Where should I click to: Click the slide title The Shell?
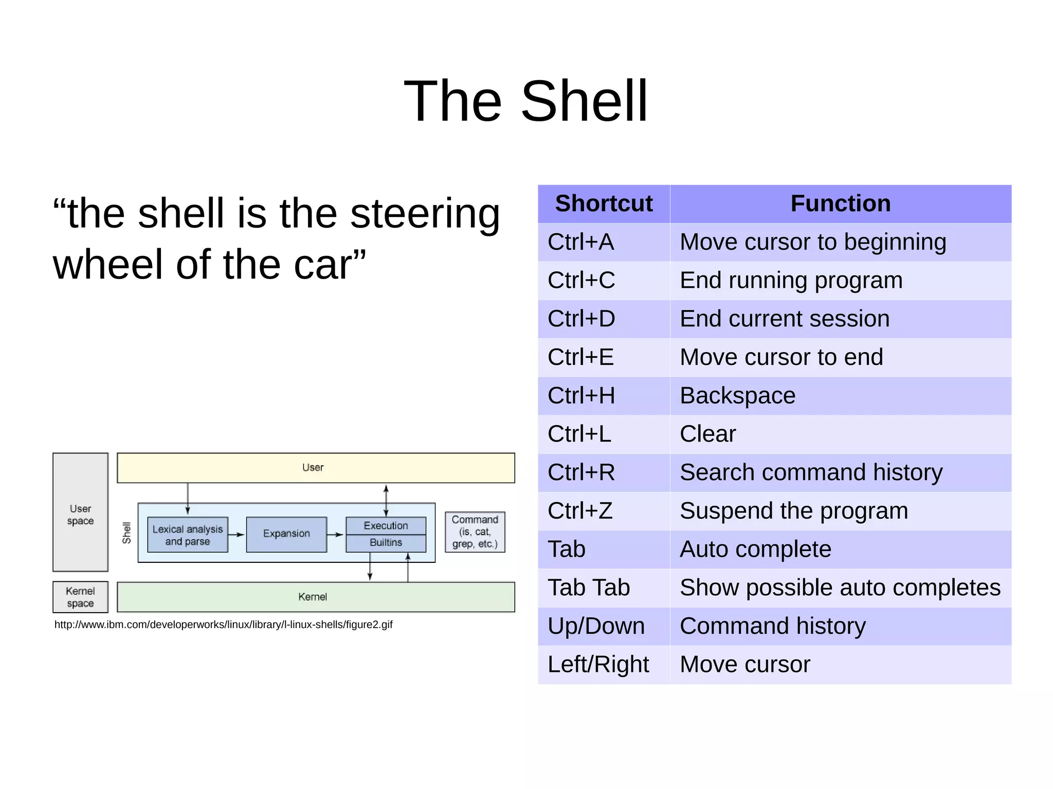click(x=525, y=101)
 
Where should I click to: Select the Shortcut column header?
click(x=604, y=204)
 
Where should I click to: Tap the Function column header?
click(x=840, y=204)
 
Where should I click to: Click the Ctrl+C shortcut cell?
click(x=581, y=281)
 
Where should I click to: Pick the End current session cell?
click(x=785, y=319)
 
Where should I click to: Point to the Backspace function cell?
click(x=737, y=396)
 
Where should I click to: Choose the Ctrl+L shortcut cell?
click(x=579, y=434)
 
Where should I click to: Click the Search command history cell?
click(x=811, y=472)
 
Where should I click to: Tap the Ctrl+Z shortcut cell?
click(x=580, y=511)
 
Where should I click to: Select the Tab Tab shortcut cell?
click(x=588, y=588)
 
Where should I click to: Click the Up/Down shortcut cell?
click(x=596, y=626)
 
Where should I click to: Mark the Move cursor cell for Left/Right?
click(x=745, y=665)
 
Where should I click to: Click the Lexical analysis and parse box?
click(x=188, y=535)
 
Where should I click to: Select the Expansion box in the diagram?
click(x=286, y=534)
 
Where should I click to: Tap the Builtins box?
click(x=386, y=543)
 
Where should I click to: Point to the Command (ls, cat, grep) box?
click(x=475, y=532)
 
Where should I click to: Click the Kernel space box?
click(x=80, y=597)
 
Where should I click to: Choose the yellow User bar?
click(x=316, y=468)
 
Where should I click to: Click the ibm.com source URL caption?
click(x=223, y=625)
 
